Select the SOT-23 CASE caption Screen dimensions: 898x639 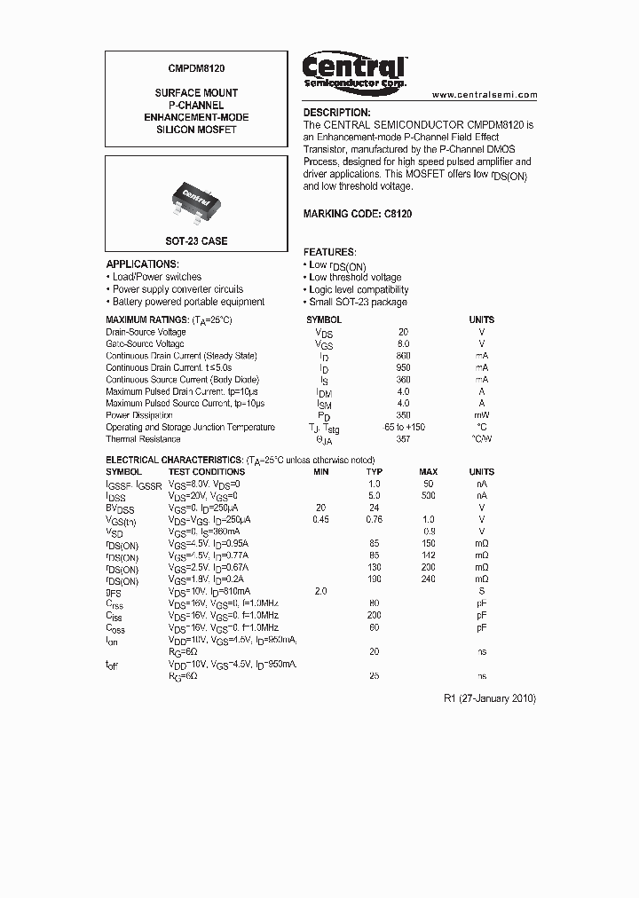pyautogui.click(x=196, y=241)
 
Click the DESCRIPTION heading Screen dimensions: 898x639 pyautogui.click(x=336, y=113)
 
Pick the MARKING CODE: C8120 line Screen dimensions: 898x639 pyautogui.click(x=357, y=215)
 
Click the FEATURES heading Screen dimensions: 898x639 pyautogui.click(x=329, y=253)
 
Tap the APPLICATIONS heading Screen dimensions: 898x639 pyautogui.click(x=142, y=264)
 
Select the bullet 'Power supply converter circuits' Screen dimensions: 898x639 pyautogui.click(x=177, y=289)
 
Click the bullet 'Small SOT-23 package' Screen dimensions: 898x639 pyautogui.click(x=358, y=303)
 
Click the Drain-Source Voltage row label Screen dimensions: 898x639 pyautogui.click(x=146, y=332)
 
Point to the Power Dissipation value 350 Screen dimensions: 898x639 pyautogui.click(x=404, y=415)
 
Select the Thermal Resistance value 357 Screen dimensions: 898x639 pyautogui.click(x=404, y=439)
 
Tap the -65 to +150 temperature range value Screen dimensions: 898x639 pyautogui.click(x=404, y=427)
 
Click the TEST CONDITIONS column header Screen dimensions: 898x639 pyautogui.click(x=206, y=472)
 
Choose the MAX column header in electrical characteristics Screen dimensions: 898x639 pyautogui.click(x=429, y=472)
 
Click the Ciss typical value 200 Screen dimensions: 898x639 pyautogui.click(x=375, y=616)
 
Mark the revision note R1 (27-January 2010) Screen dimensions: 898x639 pyautogui.click(x=489, y=698)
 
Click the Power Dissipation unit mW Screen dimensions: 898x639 pyautogui.click(x=482, y=415)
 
